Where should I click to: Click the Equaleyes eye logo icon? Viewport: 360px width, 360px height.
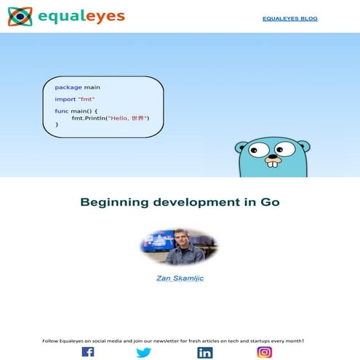pos(20,16)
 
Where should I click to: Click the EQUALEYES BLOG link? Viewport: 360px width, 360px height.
pos(289,18)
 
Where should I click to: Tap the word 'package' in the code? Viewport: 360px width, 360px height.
pos(68,87)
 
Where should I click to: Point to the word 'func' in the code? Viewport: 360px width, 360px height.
pos(62,111)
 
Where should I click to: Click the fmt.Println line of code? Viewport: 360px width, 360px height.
pos(110,118)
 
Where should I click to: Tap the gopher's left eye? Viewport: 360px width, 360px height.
pos(258,151)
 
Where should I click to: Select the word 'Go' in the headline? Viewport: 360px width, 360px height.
pos(269,202)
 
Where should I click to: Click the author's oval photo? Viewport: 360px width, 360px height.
pos(180,247)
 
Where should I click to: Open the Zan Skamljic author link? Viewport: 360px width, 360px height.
pos(180,278)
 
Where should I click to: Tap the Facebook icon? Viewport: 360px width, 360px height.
pos(87,352)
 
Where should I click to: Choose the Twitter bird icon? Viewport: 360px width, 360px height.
pos(144,353)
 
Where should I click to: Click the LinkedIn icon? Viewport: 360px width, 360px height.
pos(205,353)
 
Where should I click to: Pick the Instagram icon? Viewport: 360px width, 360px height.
pos(265,352)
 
